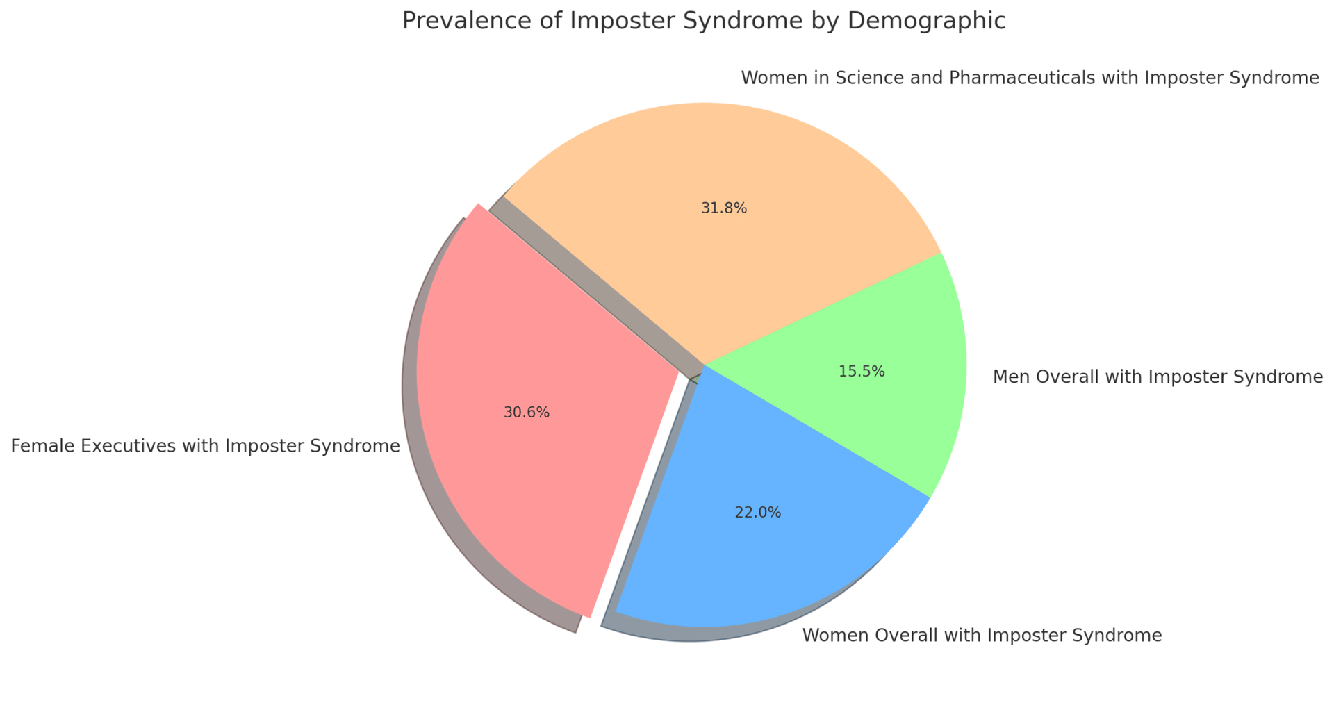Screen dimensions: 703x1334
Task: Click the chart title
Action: pos(704,21)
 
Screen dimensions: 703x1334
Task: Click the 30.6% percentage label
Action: pos(527,413)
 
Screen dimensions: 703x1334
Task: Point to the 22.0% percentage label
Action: pos(757,513)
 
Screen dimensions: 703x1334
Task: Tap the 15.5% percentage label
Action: pos(862,372)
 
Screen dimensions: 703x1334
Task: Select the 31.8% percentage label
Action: pos(724,208)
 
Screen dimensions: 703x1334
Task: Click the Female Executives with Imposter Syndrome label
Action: pos(206,446)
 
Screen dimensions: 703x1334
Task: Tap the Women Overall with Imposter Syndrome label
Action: pos(982,636)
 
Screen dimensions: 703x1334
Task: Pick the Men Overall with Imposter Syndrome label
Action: pos(1158,377)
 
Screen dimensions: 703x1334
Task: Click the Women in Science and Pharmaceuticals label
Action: pos(1030,78)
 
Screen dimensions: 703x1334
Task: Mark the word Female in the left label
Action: pos(39,446)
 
